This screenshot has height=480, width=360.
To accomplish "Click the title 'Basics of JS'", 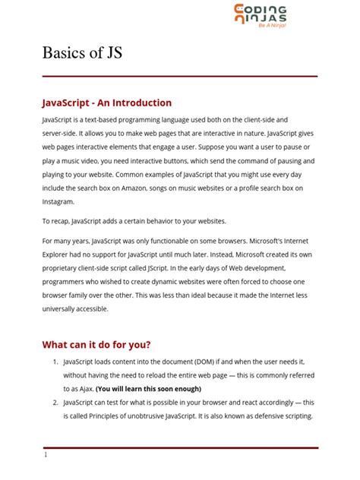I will (81, 53).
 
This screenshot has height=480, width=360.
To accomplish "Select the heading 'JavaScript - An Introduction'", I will (107, 103).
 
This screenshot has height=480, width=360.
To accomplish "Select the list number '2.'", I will (56, 403).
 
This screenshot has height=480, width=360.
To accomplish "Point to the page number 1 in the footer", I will (46, 454).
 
